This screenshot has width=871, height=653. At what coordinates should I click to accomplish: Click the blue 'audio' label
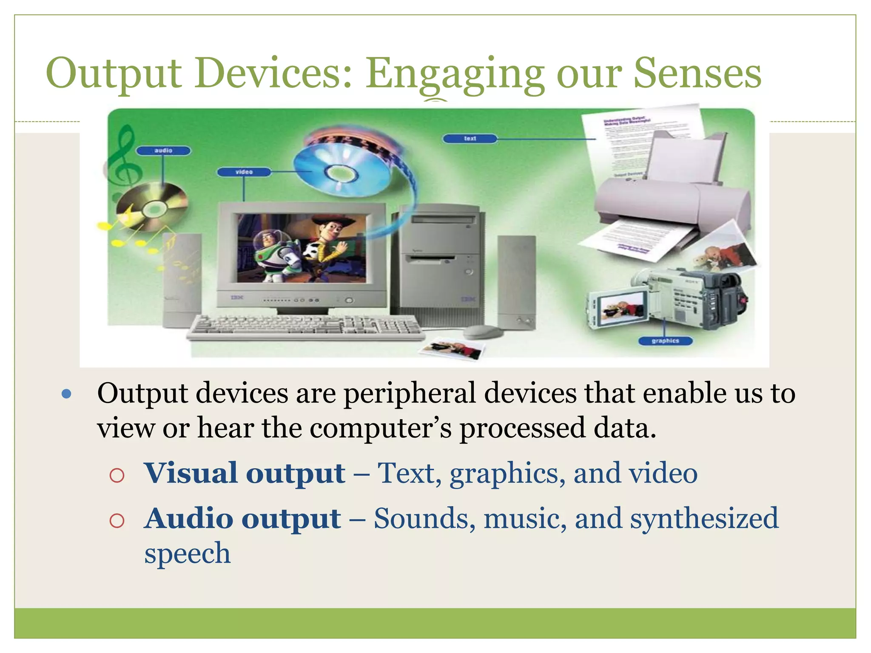tap(163, 150)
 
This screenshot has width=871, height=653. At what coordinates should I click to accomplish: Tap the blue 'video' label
tap(244, 172)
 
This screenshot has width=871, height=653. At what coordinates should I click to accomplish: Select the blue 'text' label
tap(470, 138)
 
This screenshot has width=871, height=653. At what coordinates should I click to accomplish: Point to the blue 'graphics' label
tap(665, 341)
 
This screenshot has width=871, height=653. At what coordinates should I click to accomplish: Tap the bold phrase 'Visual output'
tap(245, 473)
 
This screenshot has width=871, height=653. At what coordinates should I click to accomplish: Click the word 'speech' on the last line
tap(187, 553)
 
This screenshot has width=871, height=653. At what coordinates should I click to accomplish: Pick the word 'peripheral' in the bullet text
tap(410, 393)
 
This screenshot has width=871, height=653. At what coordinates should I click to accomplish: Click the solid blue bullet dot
tap(66, 394)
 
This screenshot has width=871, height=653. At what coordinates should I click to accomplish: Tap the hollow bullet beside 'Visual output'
tap(117, 475)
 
